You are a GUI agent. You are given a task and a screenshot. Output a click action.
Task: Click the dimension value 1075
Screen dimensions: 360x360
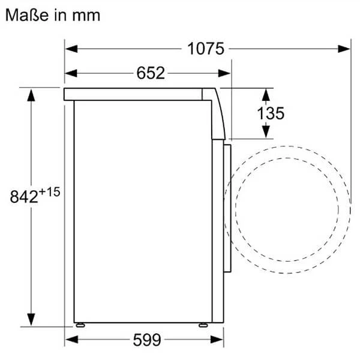point(205,49)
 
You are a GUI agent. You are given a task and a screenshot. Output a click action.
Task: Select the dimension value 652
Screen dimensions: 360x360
point(151,73)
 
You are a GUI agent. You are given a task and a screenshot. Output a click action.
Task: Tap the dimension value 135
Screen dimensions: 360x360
point(271,113)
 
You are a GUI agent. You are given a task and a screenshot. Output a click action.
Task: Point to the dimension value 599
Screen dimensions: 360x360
point(147,340)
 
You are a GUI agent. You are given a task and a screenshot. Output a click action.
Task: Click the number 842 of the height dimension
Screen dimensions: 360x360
point(24,197)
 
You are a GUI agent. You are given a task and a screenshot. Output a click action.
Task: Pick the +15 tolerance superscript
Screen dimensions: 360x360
point(49,192)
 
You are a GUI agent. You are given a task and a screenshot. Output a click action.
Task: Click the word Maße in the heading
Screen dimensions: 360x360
point(27,15)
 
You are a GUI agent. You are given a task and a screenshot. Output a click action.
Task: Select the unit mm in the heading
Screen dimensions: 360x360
point(86,16)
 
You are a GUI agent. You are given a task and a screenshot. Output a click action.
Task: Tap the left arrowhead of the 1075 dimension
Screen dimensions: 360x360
point(71,49)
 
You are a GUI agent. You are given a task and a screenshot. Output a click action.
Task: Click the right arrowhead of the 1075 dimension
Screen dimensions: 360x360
point(344,49)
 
